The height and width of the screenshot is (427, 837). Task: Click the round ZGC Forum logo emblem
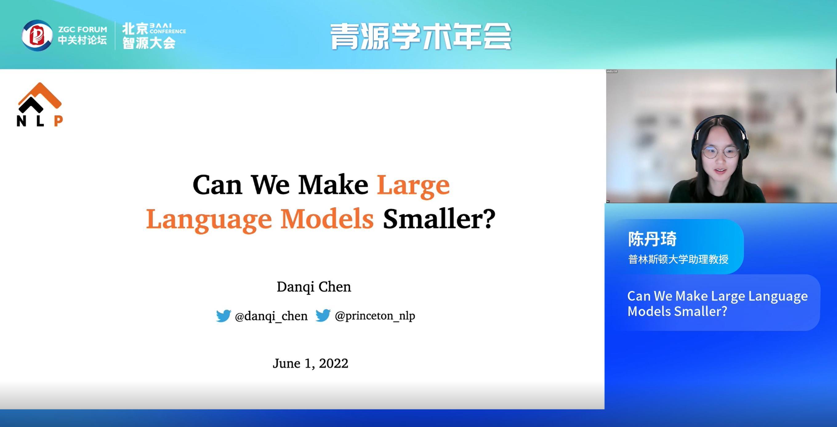(37, 35)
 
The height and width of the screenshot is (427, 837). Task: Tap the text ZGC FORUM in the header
(82, 29)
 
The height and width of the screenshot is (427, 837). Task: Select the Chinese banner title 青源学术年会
(421, 36)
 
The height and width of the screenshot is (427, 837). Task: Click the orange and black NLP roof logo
(40, 104)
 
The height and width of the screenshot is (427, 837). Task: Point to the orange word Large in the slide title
(413, 186)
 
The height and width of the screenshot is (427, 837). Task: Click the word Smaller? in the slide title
(439, 218)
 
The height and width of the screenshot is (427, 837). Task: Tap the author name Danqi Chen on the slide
(314, 287)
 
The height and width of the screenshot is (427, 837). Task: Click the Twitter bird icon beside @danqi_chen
(223, 316)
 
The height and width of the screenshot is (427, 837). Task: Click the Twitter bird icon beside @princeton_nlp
(323, 315)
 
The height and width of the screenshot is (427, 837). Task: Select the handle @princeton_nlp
(375, 316)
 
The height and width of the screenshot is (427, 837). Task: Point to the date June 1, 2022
(311, 363)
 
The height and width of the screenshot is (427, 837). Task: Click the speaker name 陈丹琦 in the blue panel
(652, 239)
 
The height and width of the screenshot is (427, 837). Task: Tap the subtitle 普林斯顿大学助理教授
(678, 259)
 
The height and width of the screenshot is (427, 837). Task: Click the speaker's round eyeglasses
(720, 152)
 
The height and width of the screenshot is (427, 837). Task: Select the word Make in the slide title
(333, 185)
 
